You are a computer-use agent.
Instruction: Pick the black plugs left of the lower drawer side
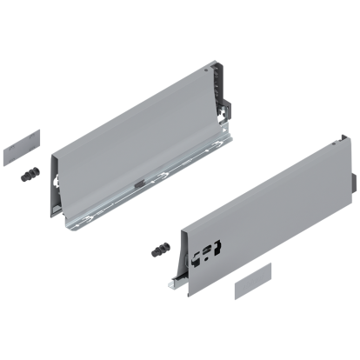pos(159,250)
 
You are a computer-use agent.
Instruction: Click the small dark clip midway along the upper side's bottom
pos(139,183)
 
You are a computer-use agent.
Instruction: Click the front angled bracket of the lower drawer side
pos(177,261)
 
